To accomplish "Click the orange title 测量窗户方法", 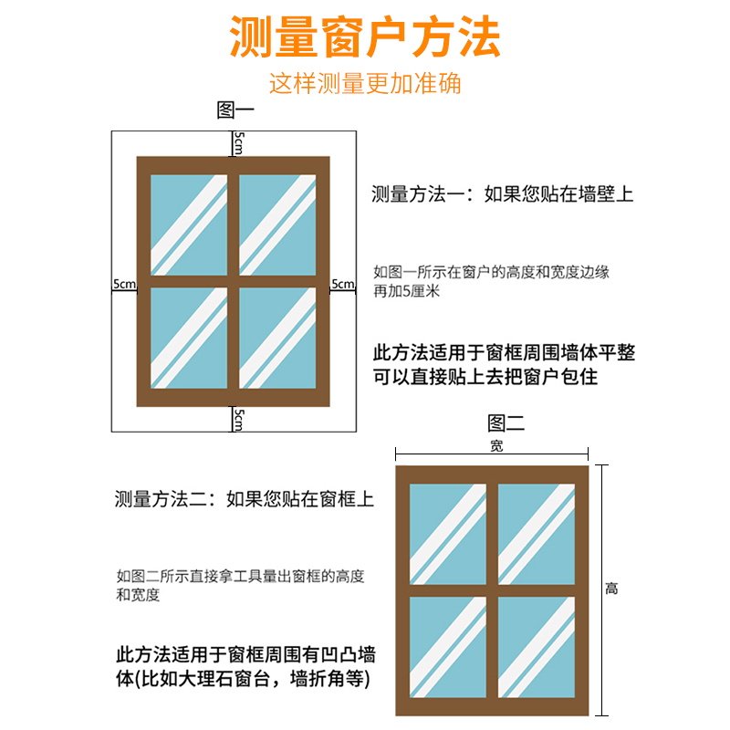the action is (x=365, y=38).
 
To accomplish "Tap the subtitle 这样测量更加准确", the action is (x=365, y=83).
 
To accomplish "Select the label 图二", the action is (x=506, y=423).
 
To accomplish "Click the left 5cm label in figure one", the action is (x=124, y=284).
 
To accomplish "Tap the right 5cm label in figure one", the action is (x=342, y=284).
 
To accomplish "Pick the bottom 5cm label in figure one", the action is (x=236, y=419).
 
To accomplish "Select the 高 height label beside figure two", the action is (x=611, y=589).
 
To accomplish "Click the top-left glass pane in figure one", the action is (x=188, y=224).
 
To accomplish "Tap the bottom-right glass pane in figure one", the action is (x=277, y=338).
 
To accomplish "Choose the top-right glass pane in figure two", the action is (x=537, y=534).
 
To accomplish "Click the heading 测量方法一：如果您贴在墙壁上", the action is (x=502, y=193).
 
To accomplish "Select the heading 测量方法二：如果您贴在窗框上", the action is (x=245, y=499).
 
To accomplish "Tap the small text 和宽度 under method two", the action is (x=139, y=595).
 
